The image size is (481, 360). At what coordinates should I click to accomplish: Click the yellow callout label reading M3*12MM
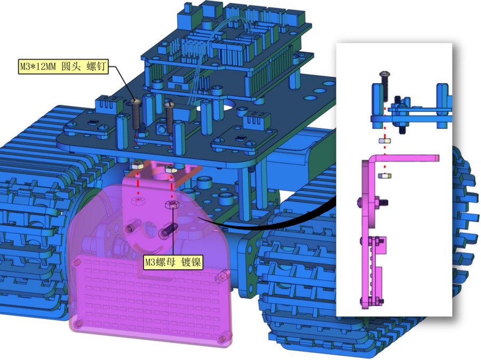pos(63,67)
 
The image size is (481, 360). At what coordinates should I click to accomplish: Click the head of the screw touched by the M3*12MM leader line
pos(135,101)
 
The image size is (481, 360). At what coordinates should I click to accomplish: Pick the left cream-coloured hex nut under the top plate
pos(137,166)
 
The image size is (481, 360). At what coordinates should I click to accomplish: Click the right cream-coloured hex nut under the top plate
pos(170,169)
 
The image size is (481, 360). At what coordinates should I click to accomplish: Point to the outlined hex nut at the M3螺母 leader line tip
pos(171,204)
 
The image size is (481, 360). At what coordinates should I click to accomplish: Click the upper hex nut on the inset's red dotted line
pos(385,141)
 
